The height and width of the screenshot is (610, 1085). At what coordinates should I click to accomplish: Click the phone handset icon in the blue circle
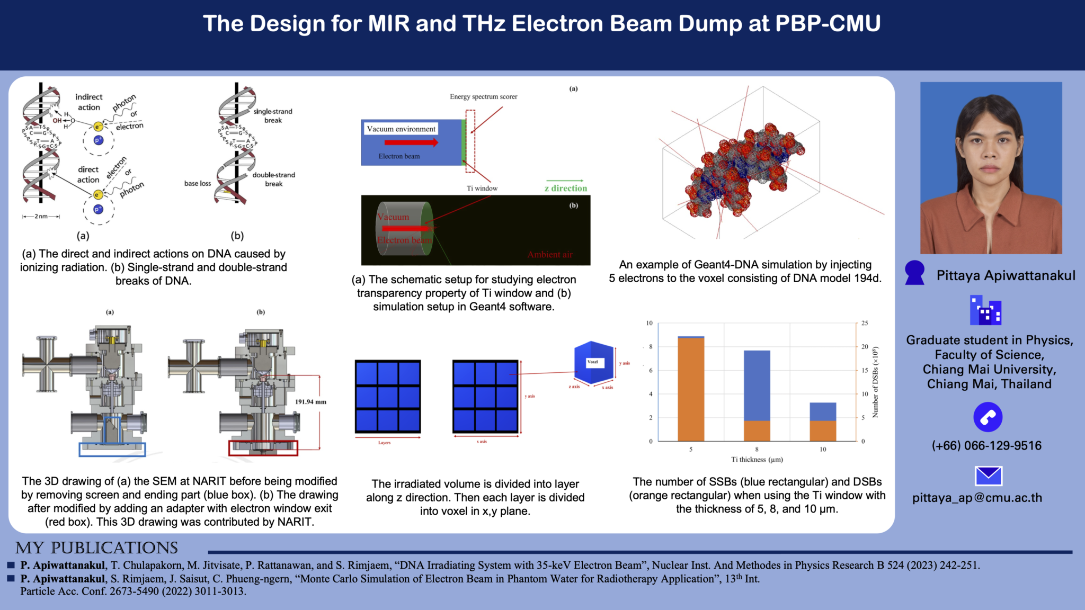click(x=988, y=417)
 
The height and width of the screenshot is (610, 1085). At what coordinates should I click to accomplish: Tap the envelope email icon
click(x=988, y=476)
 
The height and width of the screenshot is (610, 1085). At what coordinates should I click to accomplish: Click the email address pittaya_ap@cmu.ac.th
click(x=977, y=498)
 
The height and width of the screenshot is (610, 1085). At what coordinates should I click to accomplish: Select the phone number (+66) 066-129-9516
click(x=986, y=446)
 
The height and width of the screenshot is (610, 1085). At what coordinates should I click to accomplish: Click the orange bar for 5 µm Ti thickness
click(x=691, y=389)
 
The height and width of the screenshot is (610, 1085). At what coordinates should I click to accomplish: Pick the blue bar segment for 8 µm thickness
click(x=757, y=385)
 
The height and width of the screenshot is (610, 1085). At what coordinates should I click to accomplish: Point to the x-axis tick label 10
click(x=823, y=449)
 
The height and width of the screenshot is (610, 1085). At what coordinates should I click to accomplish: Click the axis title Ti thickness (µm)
click(x=757, y=460)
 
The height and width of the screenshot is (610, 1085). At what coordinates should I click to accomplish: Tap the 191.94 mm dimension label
click(x=310, y=402)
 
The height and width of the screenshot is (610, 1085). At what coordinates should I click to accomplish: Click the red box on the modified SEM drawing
click(x=263, y=448)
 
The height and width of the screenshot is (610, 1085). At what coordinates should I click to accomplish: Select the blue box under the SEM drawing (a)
click(x=112, y=450)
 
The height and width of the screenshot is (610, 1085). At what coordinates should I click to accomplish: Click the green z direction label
click(x=566, y=189)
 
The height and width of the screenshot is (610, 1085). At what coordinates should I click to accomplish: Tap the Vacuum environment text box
click(x=401, y=129)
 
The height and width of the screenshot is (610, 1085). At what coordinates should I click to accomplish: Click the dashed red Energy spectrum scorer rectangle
click(x=470, y=141)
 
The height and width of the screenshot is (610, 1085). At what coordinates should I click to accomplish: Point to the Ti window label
click(x=482, y=189)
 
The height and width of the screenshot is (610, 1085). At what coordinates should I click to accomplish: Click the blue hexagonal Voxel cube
click(x=594, y=363)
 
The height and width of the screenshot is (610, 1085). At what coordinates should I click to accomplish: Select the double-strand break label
click(x=273, y=180)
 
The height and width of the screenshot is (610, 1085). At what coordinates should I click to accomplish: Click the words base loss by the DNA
click(x=197, y=184)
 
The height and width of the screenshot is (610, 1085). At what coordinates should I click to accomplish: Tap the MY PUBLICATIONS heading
click(x=96, y=548)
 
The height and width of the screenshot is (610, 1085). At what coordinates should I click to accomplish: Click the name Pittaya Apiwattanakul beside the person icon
click(x=1006, y=275)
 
